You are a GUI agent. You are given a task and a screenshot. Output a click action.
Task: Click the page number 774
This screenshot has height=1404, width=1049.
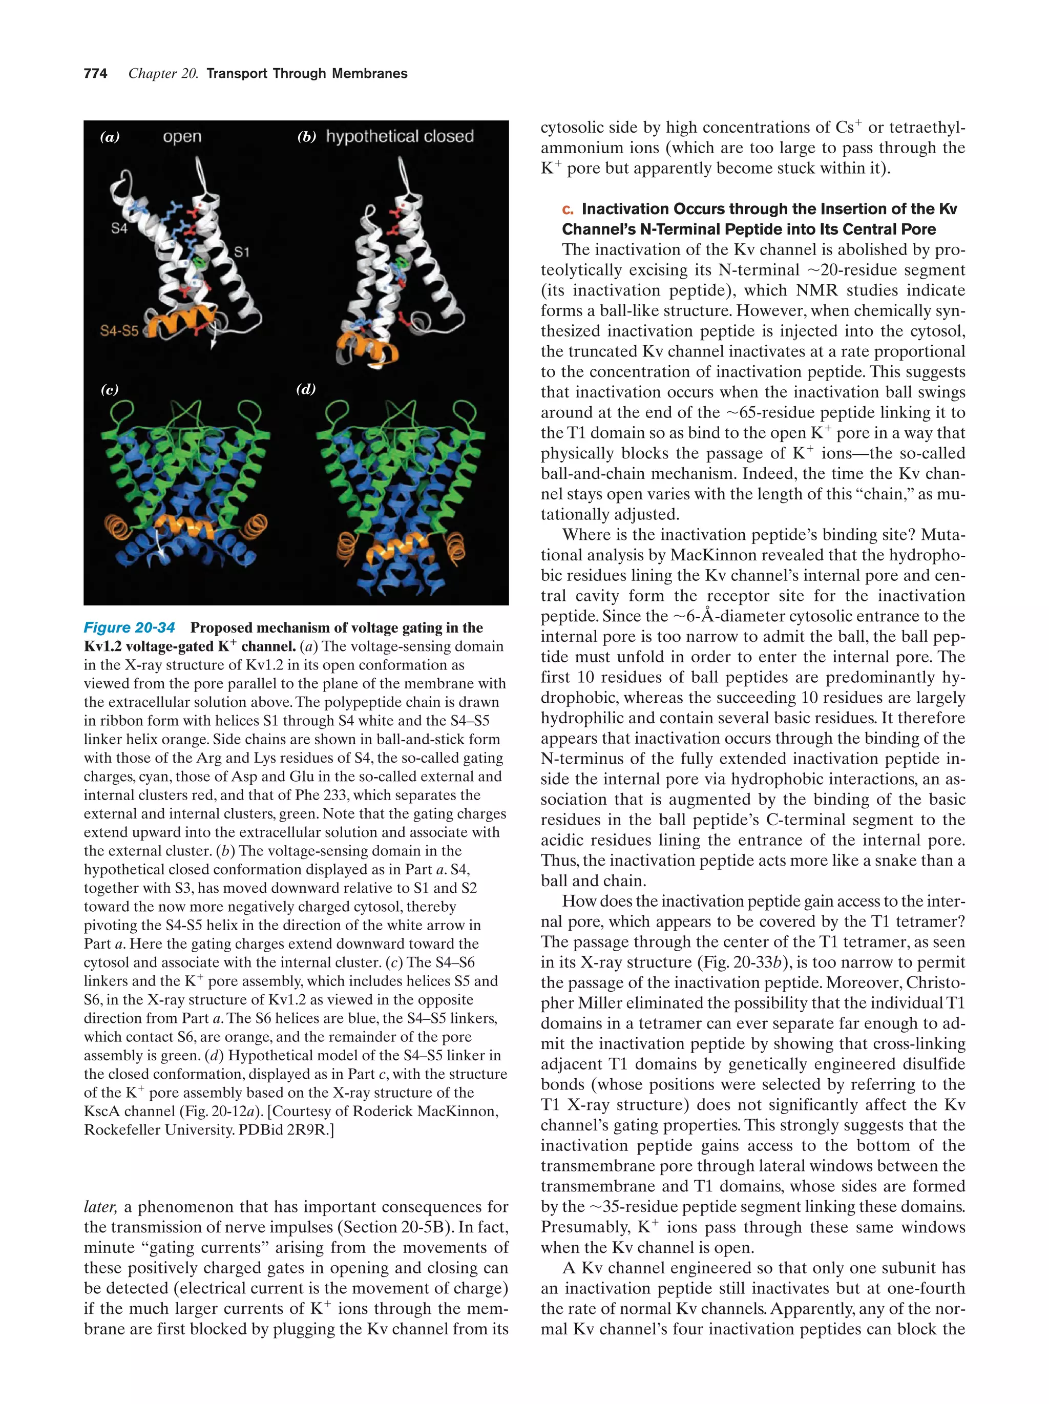[x=95, y=74]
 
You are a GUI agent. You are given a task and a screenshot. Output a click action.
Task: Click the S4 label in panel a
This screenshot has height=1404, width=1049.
[x=119, y=228]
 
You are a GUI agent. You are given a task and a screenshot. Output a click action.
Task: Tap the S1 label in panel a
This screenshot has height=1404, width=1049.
[x=242, y=252]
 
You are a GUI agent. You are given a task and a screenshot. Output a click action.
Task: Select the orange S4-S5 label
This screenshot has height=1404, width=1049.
[x=119, y=331]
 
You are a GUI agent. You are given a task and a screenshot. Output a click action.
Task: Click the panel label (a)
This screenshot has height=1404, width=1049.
[x=110, y=136]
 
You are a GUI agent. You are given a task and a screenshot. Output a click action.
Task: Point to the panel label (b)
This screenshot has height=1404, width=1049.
[x=306, y=136]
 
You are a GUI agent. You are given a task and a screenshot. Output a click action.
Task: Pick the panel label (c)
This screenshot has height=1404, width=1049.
[x=110, y=389]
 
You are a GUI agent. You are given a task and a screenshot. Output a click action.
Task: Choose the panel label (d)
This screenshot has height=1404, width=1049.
[x=306, y=389]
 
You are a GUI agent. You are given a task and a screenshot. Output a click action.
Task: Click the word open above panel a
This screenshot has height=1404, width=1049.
[x=182, y=136]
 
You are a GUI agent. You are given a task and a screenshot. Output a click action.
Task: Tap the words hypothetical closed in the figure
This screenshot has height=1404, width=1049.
[x=400, y=136]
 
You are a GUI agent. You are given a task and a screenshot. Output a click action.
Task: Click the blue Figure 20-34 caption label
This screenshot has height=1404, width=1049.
[x=130, y=628]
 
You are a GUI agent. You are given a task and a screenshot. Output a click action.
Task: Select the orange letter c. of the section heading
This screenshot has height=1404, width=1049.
[x=568, y=209]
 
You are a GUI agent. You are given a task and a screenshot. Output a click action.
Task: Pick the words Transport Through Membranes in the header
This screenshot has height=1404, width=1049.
[x=307, y=74]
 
